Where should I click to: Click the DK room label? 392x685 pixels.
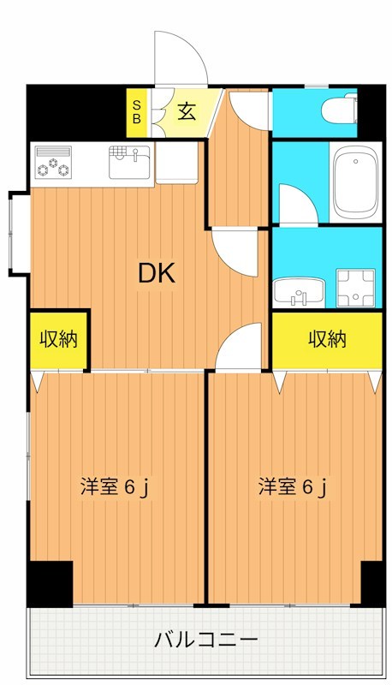[157, 273]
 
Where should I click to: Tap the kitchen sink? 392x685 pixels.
[128, 163]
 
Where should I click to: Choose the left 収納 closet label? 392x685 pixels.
[58, 339]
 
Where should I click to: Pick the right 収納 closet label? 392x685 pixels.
[327, 339]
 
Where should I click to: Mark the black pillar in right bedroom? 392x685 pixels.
[371, 582]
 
